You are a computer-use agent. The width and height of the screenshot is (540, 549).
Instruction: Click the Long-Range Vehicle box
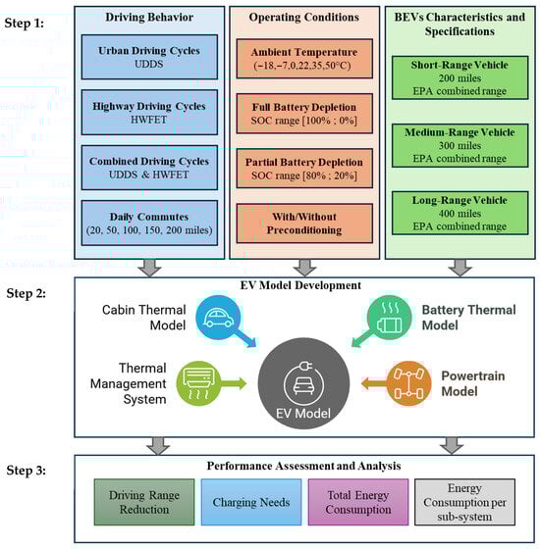[x=459, y=213]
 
